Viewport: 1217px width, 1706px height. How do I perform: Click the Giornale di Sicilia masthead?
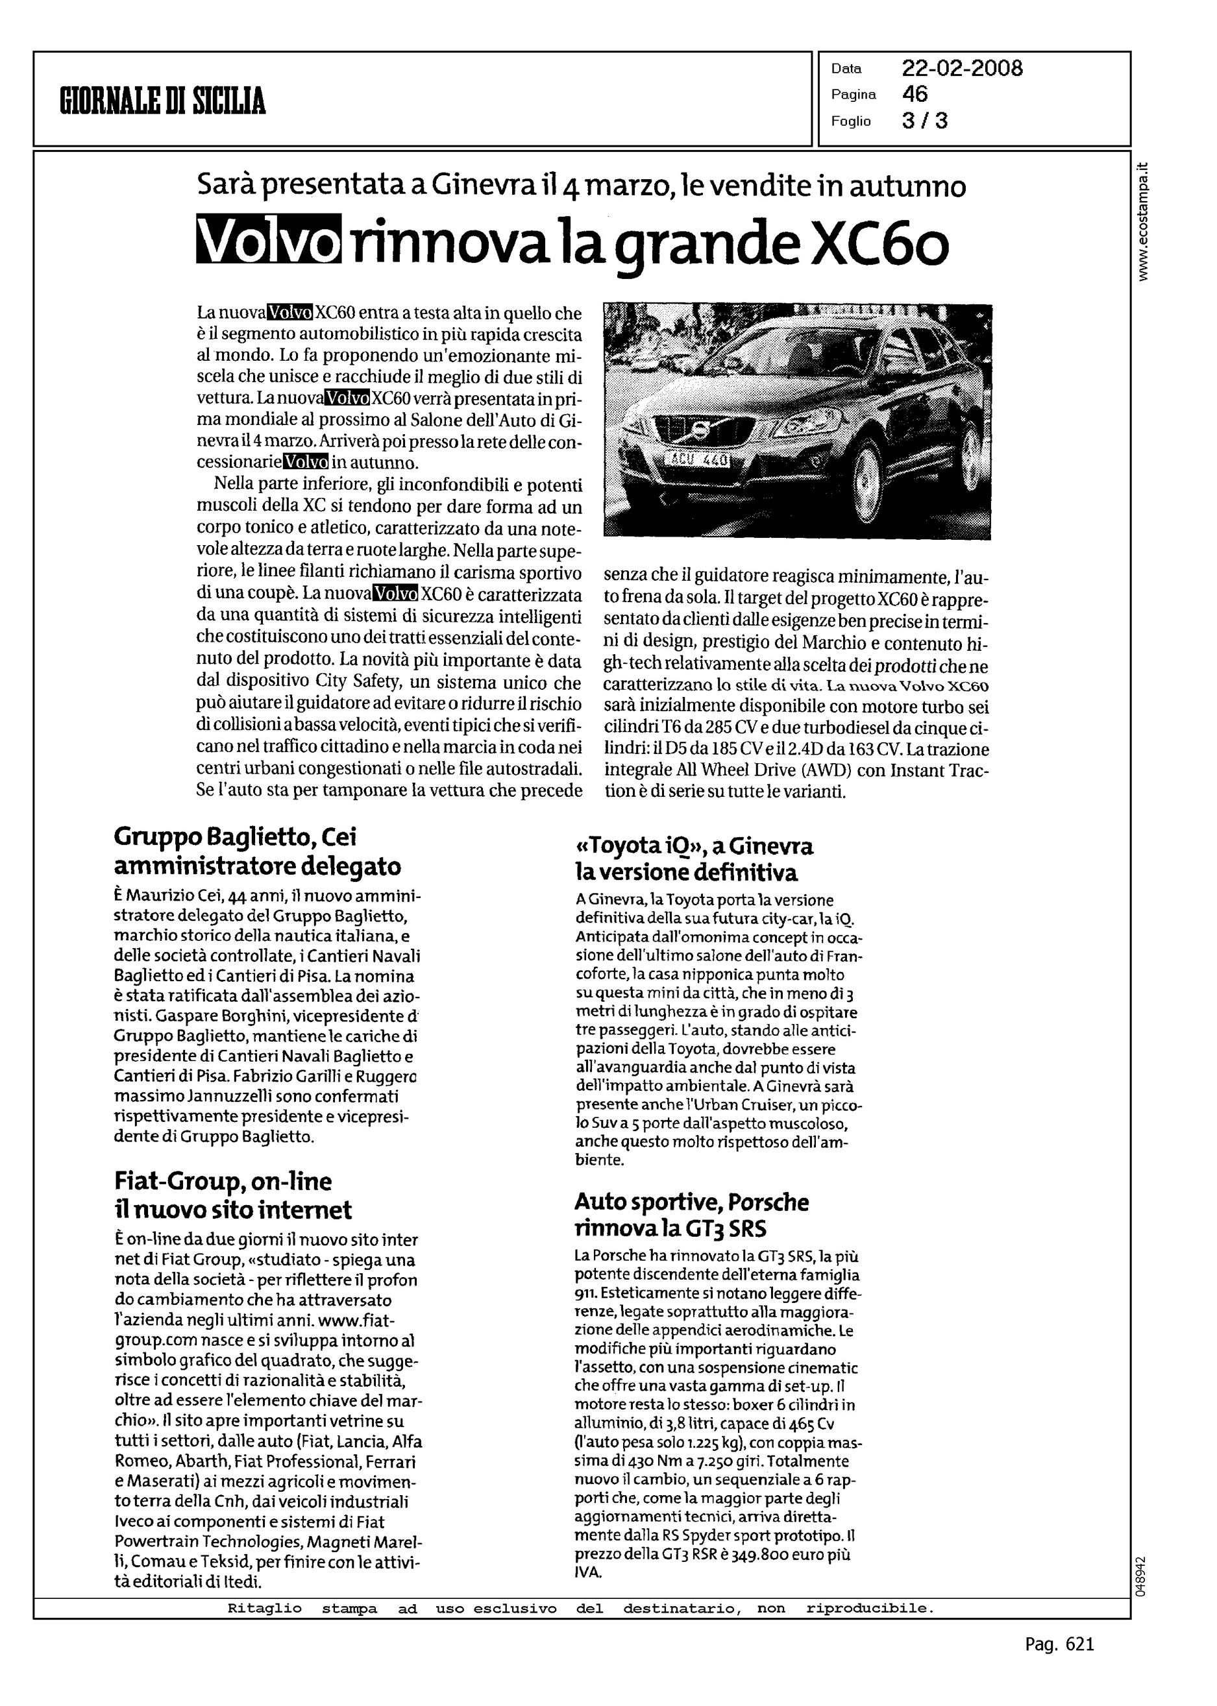point(163,101)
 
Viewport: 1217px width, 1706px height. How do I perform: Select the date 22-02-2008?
point(961,69)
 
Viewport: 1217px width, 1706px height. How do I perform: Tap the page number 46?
point(915,94)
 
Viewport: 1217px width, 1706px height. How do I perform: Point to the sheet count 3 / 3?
point(925,121)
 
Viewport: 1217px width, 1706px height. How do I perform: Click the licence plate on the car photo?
point(698,459)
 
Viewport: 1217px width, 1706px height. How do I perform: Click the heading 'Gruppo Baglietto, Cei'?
point(240,837)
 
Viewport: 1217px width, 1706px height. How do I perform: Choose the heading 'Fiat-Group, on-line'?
point(223,1182)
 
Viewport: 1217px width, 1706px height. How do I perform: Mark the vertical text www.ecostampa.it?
point(1143,222)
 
